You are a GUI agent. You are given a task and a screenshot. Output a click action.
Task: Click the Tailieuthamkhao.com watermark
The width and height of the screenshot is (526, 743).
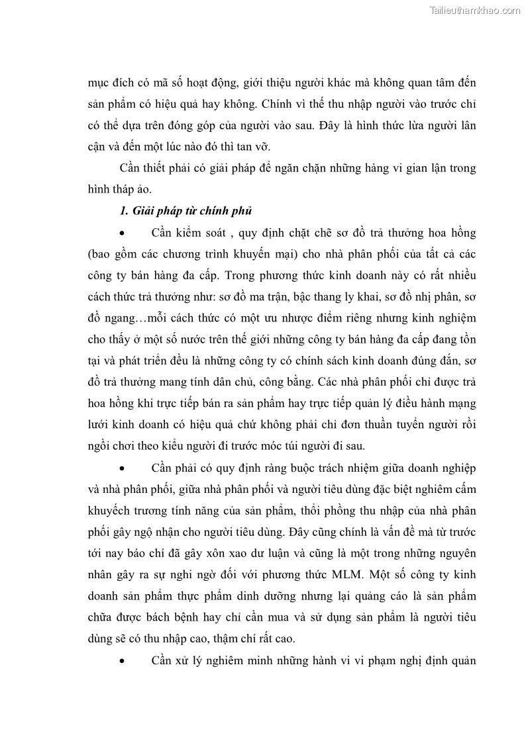pyautogui.click(x=475, y=10)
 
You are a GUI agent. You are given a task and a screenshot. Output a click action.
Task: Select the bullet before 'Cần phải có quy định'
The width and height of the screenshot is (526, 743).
pyautogui.click(x=122, y=468)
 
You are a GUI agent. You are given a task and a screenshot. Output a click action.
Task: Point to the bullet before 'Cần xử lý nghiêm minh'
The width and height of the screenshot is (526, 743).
pyautogui.click(x=122, y=660)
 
